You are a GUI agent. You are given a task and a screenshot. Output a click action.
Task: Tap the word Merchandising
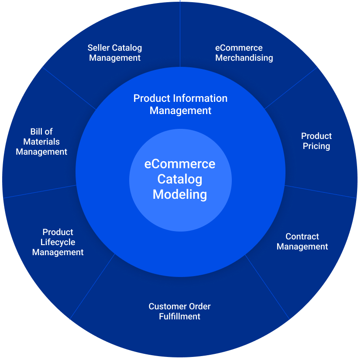(244, 58)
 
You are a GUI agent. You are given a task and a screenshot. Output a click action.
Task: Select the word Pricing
(316, 146)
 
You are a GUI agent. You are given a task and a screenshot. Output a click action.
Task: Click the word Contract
(302, 236)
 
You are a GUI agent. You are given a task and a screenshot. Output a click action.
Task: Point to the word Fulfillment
(179, 316)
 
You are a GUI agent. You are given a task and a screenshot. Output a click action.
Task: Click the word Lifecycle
(58, 242)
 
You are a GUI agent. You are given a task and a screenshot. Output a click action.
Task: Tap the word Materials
(41, 142)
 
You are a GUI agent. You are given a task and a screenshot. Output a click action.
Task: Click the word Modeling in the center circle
(179, 194)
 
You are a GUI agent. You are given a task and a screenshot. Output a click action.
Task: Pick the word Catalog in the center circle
(179, 179)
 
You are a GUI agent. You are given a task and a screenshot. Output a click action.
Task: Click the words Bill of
(41, 132)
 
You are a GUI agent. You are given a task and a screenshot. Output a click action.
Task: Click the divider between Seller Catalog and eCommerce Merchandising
(180, 35)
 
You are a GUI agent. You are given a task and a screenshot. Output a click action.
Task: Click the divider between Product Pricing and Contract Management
(321, 191)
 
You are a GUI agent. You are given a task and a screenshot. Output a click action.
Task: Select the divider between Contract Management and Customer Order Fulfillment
(266, 286)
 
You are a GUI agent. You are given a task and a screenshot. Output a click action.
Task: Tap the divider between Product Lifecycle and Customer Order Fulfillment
(93, 286)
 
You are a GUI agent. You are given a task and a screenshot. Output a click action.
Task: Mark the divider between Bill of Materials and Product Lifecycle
(39, 191)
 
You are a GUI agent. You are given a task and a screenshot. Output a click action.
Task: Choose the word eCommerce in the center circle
(179, 164)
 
